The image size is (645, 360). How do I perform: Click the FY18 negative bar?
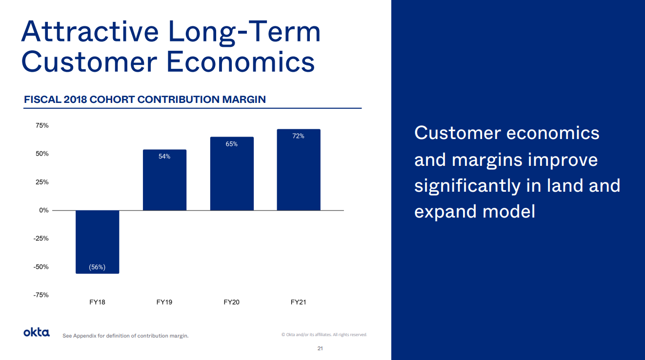[98, 241]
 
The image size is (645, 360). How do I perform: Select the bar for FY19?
[164, 180]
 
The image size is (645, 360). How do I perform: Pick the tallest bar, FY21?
[299, 170]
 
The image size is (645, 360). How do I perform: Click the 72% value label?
[299, 136]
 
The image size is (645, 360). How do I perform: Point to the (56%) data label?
[97, 267]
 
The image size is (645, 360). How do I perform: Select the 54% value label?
[164, 157]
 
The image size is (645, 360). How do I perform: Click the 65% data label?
[232, 144]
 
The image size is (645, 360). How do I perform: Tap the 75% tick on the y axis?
[42, 125]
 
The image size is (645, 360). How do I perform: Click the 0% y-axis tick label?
[44, 210]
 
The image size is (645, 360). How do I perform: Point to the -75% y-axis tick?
[41, 295]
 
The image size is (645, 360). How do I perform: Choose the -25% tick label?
[41, 239]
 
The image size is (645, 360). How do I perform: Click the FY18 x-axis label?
[97, 302]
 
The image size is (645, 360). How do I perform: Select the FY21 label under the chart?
[299, 302]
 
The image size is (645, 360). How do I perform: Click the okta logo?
[37, 333]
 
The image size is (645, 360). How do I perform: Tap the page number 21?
[320, 348]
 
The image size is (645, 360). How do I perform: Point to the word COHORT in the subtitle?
[112, 100]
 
